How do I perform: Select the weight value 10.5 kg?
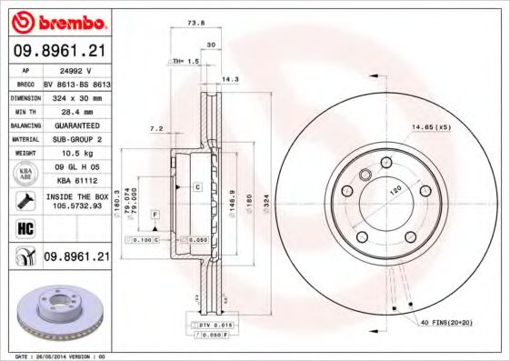pos(76,154)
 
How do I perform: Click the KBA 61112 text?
pos(76,180)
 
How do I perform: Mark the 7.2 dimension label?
pos(155,128)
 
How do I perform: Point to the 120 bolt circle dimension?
pos(395,192)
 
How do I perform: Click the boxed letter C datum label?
pos(196,186)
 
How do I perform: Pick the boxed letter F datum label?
pos(155,213)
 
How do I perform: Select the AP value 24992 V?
pos(76,68)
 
